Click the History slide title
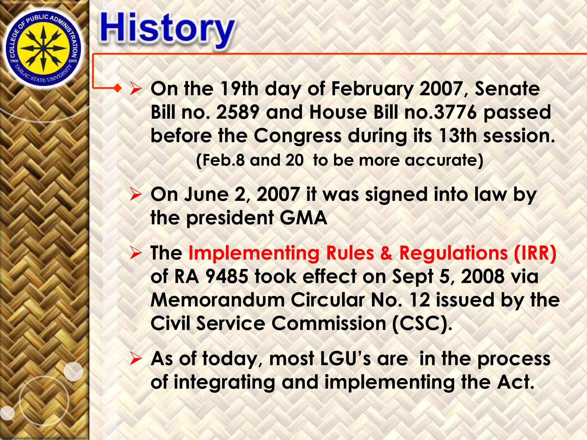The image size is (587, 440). (x=167, y=30)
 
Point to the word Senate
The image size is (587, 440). (x=507, y=89)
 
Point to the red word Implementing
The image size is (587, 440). (x=254, y=253)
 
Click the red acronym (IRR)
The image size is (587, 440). (x=535, y=253)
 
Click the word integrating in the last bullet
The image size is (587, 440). (x=224, y=382)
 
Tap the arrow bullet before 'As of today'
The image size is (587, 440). (x=135, y=359)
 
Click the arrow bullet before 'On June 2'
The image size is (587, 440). (x=135, y=195)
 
